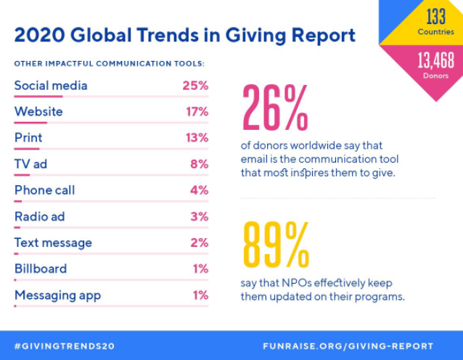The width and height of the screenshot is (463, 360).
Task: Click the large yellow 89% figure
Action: coord(275,245)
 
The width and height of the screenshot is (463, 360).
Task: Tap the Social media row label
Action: coord(51,86)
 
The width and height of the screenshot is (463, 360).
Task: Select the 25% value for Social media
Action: coord(195,86)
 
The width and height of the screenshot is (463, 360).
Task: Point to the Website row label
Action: coord(38,112)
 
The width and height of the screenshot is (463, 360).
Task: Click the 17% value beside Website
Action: coord(196,112)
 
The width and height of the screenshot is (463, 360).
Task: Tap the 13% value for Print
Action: coord(196,138)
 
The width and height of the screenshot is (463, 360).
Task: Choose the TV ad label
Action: coord(30,164)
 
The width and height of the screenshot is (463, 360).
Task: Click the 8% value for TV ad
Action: coord(199,164)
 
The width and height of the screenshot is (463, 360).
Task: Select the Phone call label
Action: coord(45,190)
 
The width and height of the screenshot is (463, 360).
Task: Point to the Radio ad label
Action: coord(41,216)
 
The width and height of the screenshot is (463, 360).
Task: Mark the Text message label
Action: coord(53,242)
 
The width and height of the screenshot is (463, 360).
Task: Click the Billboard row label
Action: coord(41,269)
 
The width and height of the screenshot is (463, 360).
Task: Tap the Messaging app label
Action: coord(57,295)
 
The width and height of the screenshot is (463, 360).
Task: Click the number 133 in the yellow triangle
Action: coord(435,17)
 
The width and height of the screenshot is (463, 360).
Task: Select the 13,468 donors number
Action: coord(435,60)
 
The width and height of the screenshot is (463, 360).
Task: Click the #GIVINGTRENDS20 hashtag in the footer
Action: coord(64,346)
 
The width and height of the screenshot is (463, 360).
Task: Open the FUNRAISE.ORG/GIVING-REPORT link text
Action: coord(348,346)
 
